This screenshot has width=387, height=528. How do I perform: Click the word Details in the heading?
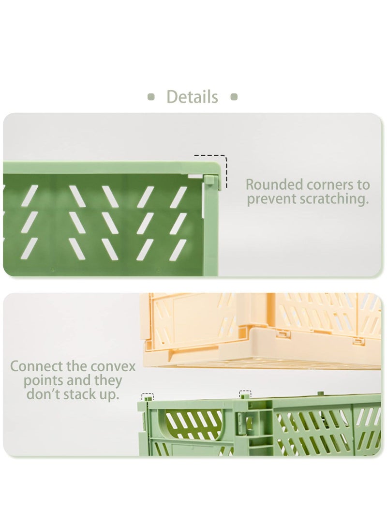pos(192,97)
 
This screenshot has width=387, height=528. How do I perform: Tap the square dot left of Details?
pos(151,97)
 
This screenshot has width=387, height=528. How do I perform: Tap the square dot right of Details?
pos(234,97)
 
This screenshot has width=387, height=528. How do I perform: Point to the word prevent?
pos(272,199)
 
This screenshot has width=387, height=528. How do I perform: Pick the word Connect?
pos(38,366)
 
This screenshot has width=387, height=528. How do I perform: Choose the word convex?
pos(113,366)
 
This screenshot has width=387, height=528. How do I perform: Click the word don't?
pos(45,394)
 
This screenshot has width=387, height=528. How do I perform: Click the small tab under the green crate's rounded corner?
pos(209,181)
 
